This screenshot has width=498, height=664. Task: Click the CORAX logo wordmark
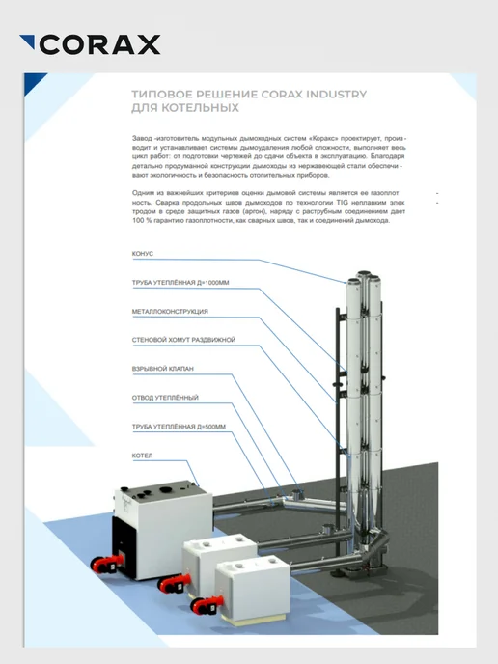pyautogui.click(x=100, y=44)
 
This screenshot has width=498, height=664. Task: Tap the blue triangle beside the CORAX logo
pyautogui.click(x=29, y=41)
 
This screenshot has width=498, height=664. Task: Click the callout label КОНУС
pyautogui.click(x=143, y=254)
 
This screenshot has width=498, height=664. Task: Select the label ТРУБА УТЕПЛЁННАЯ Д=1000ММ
pyautogui.click(x=180, y=283)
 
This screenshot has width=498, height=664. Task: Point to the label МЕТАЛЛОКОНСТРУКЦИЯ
pyautogui.click(x=170, y=311)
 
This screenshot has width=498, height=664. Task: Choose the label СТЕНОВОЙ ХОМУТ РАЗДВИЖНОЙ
pyautogui.click(x=183, y=340)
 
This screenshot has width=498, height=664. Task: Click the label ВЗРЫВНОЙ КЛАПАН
pyautogui.click(x=163, y=369)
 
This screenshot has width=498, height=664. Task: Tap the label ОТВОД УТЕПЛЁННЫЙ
pyautogui.click(x=165, y=398)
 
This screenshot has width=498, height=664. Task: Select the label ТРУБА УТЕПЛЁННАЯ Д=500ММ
pyautogui.click(x=179, y=427)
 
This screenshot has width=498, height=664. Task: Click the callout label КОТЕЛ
pyautogui.click(x=142, y=456)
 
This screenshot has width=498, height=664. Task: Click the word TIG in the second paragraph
pyautogui.click(x=343, y=202)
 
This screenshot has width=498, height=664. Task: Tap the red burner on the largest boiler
pyautogui.click(x=106, y=564)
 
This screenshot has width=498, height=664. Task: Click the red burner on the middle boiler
pyautogui.click(x=174, y=584)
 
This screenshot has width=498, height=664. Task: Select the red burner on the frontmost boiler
pyautogui.click(x=207, y=605)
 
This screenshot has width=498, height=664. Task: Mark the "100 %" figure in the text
pyautogui.click(x=142, y=221)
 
